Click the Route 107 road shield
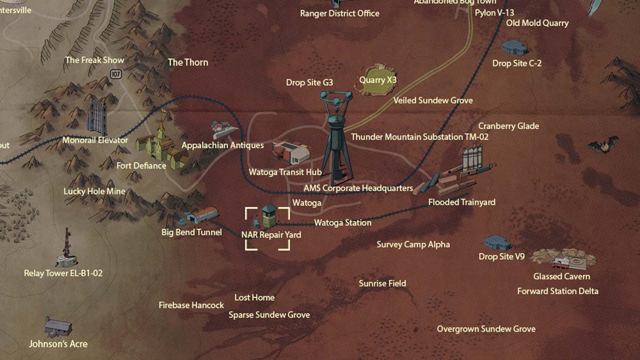(x=116, y=74)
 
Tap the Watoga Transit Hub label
(x=285, y=172)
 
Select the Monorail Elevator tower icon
(x=97, y=117)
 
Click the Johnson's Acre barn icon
(x=58, y=326)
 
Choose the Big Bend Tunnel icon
(x=202, y=216)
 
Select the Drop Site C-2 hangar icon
(x=515, y=47)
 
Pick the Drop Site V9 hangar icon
(x=497, y=243)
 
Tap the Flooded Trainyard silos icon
(x=472, y=158)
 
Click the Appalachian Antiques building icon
(x=225, y=129)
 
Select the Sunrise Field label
(x=382, y=284)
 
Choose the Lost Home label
(x=254, y=298)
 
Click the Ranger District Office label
(x=340, y=13)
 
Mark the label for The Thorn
(x=188, y=62)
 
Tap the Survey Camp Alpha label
(x=413, y=245)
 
